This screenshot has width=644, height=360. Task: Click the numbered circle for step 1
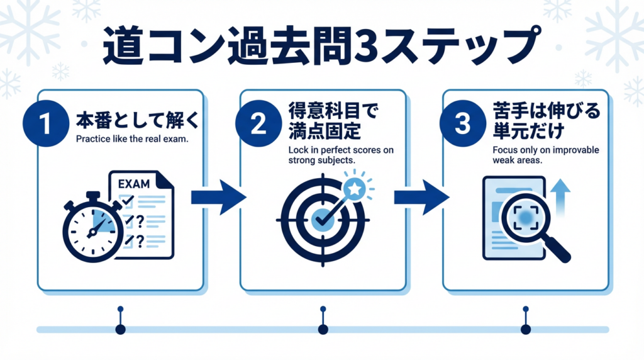tap(45, 123)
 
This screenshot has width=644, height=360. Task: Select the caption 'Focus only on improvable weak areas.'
tap(537, 154)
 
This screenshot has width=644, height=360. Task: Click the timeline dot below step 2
tap(323, 329)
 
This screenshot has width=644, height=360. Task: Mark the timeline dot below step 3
tap(526, 329)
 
